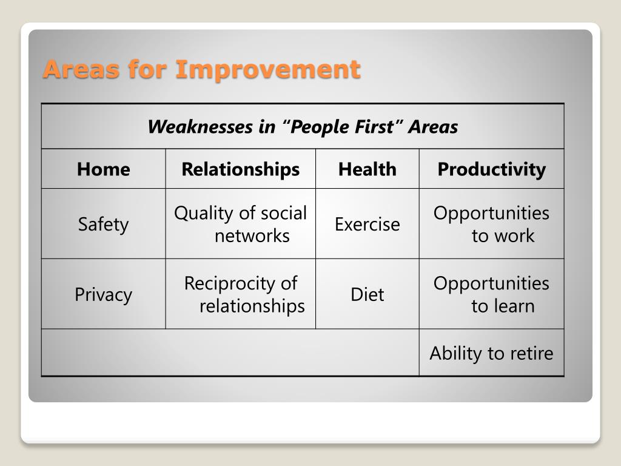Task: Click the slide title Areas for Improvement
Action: pyautogui.click(x=201, y=69)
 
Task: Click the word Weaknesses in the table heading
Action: pyautogui.click(x=200, y=127)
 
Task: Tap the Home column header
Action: pyautogui.click(x=103, y=169)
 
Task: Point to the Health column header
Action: pyautogui.click(x=367, y=169)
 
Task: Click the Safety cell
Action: pyautogui.click(x=103, y=225)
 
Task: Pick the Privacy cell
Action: pyautogui.click(x=103, y=294)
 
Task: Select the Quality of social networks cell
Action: pyautogui.click(x=240, y=225)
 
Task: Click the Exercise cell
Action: pyautogui.click(x=367, y=225)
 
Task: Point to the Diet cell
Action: pyautogui.click(x=367, y=294)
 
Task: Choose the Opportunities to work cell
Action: pyautogui.click(x=491, y=225)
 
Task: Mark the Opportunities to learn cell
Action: pyautogui.click(x=491, y=294)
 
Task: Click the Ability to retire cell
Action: pyautogui.click(x=491, y=353)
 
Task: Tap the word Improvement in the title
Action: pyautogui.click(x=268, y=70)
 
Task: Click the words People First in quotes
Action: pyautogui.click(x=342, y=127)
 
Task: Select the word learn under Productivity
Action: pyautogui.click(x=513, y=306)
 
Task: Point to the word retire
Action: pyautogui.click(x=532, y=353)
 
